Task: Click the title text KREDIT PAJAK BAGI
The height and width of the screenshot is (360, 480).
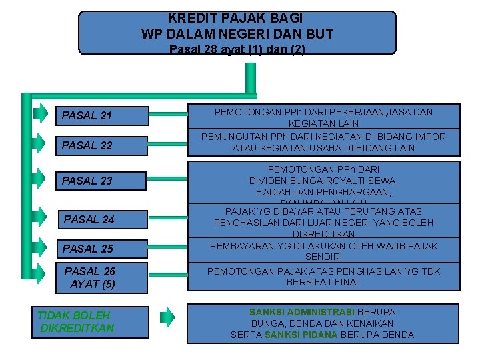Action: (x=236, y=18)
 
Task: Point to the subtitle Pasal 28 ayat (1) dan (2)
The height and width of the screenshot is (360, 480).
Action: (x=237, y=49)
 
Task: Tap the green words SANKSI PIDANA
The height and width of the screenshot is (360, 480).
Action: (x=301, y=335)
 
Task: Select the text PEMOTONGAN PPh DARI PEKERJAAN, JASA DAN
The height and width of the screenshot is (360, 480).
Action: (x=323, y=113)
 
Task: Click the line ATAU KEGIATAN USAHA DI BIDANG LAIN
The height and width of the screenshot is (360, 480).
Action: (x=323, y=148)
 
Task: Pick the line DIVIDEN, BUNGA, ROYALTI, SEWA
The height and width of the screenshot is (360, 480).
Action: (x=323, y=181)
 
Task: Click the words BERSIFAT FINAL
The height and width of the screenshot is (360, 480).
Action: (x=323, y=282)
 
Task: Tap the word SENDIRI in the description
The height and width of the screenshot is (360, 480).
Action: (x=323, y=257)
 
